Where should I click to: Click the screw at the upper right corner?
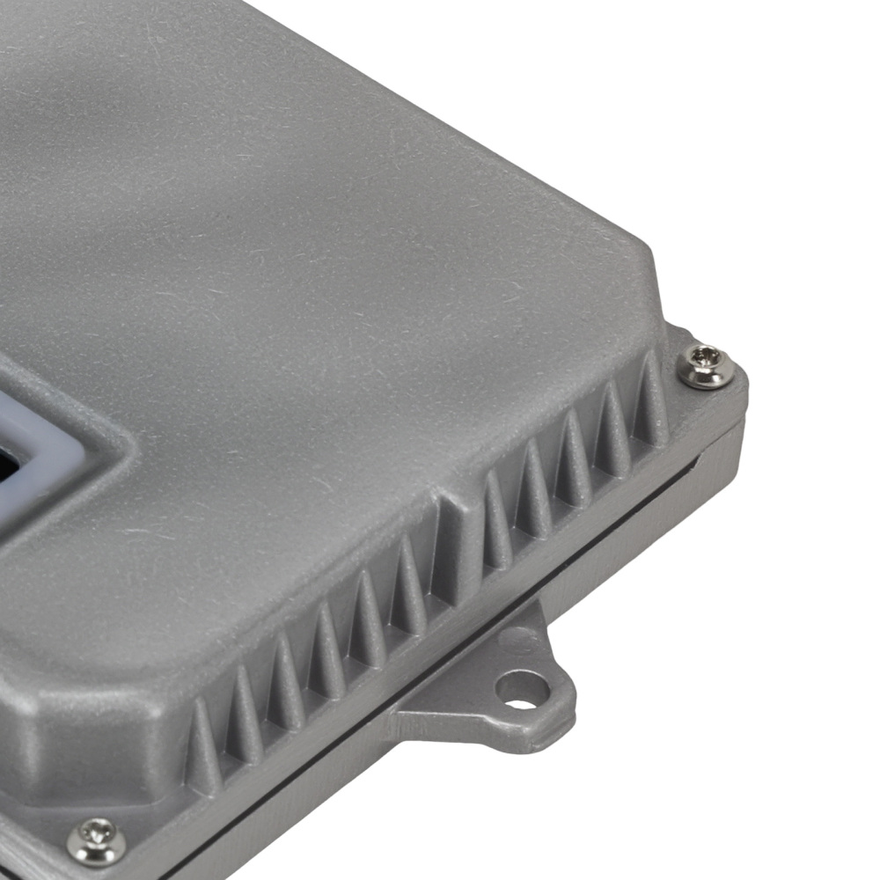click(x=706, y=365)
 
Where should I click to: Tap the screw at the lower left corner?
click(x=96, y=840)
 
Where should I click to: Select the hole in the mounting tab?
click(x=522, y=688)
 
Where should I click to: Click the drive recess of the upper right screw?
click(x=706, y=357)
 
